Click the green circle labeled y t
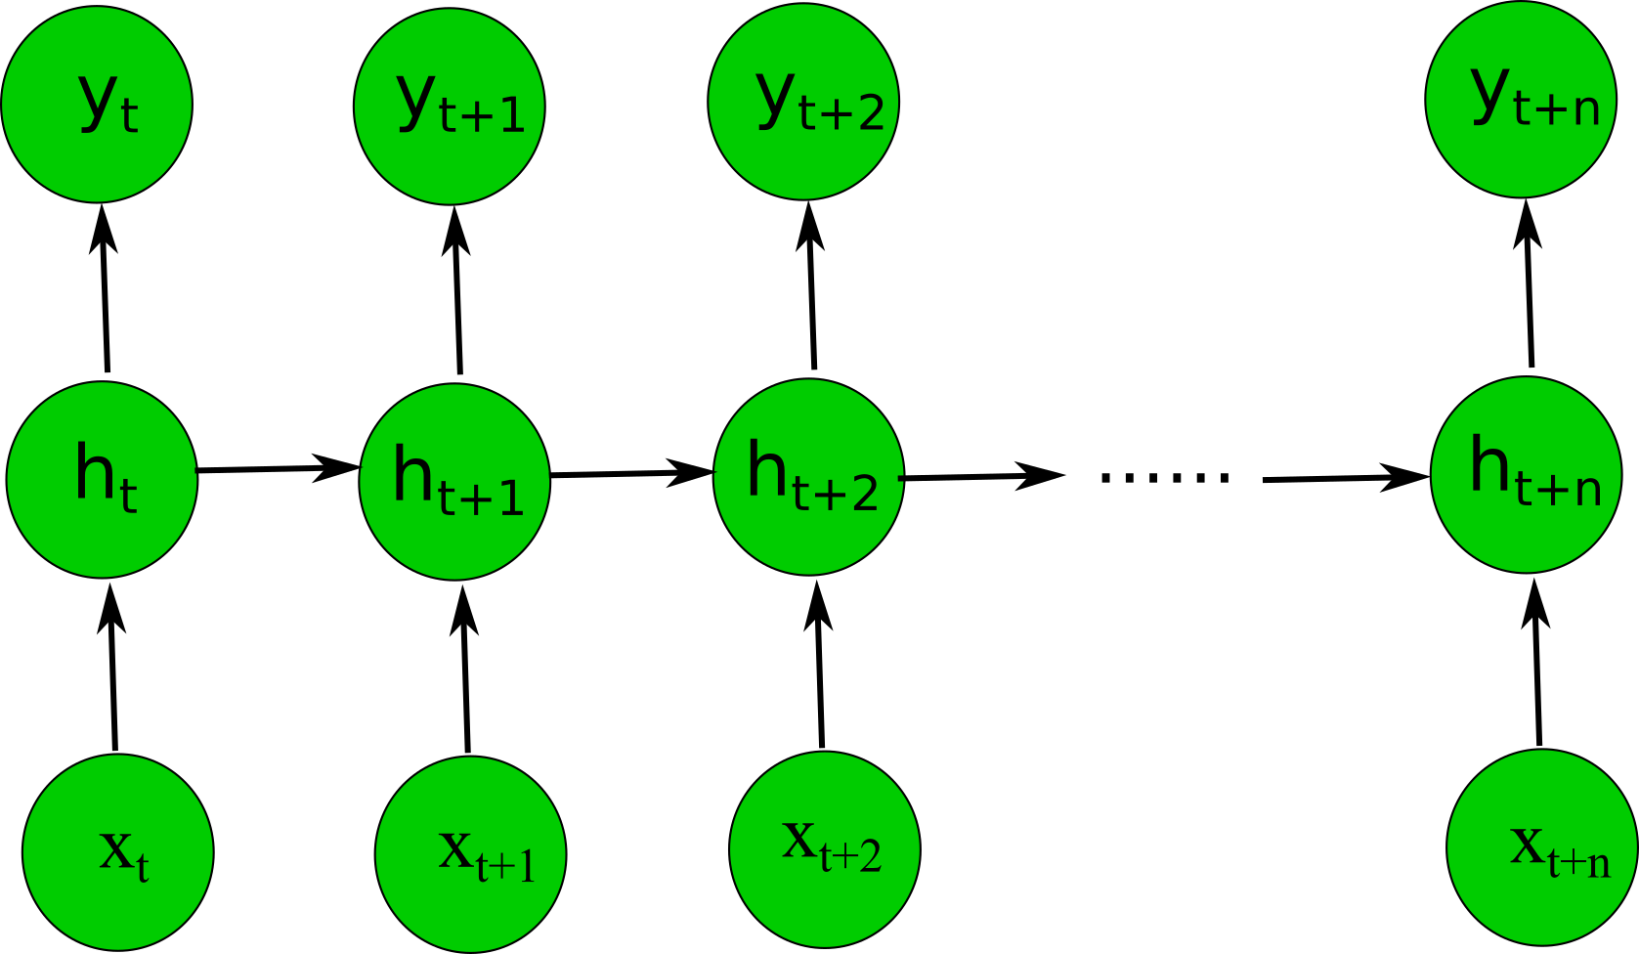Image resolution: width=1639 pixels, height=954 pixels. click(97, 105)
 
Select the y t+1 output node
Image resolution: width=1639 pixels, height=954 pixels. click(449, 107)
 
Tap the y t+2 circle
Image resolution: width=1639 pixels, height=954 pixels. click(802, 103)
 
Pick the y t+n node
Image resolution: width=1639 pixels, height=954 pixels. click(1520, 100)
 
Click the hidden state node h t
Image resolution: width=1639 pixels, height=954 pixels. click(102, 479)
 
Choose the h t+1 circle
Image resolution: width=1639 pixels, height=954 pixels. click(454, 482)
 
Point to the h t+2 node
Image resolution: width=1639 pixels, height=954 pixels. click(808, 477)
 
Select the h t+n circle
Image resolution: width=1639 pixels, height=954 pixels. click(1526, 474)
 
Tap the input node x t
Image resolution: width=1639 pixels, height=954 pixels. click(117, 852)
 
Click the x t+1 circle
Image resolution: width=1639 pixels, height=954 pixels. click(470, 854)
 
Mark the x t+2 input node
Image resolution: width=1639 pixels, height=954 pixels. click(824, 849)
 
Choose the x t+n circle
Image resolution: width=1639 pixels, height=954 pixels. click(1541, 847)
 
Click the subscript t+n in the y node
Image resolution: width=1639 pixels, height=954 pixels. click(1556, 108)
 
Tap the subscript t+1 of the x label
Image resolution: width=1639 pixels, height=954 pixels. click(505, 866)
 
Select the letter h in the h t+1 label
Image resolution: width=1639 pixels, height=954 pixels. click(411, 474)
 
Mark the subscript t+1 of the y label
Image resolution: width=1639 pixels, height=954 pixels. click(482, 115)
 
